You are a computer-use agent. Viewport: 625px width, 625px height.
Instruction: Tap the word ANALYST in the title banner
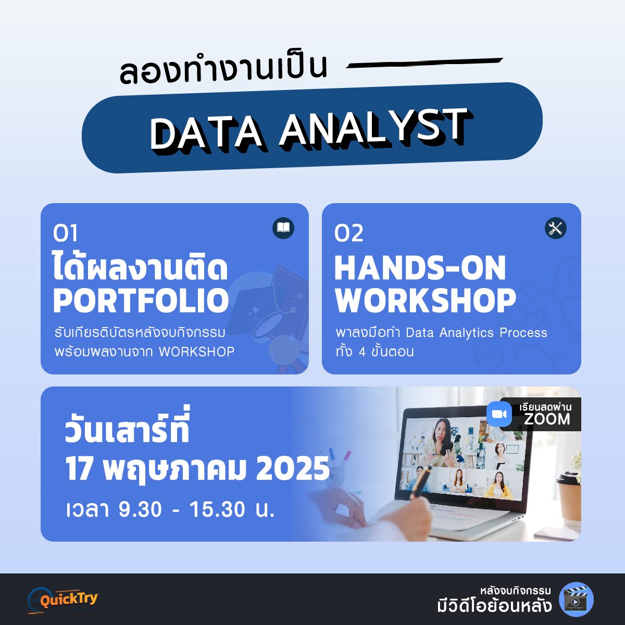point(375,128)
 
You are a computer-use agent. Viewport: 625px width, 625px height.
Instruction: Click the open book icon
point(283,228)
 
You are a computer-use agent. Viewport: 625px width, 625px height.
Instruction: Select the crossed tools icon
point(556,228)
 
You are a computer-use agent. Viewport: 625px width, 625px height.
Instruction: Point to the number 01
point(65,233)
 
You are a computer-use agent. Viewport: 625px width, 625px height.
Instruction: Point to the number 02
point(348,233)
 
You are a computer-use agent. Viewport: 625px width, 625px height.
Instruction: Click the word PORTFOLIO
point(141,301)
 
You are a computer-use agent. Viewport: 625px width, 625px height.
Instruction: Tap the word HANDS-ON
point(420,268)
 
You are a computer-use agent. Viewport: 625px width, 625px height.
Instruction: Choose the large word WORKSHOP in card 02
point(425,301)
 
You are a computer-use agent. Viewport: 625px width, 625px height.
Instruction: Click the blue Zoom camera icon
point(499,414)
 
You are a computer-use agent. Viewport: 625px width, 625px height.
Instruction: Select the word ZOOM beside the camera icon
point(547,419)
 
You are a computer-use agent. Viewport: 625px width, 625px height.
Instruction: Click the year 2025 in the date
point(293,469)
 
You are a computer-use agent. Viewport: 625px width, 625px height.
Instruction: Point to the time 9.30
point(140,509)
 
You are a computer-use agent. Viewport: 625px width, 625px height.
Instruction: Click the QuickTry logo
point(63,600)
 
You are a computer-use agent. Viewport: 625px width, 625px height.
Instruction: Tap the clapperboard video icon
point(577,599)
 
